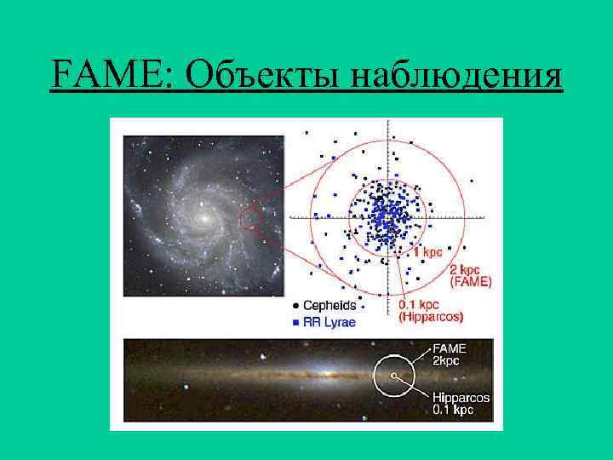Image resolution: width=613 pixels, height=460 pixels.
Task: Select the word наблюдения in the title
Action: click(460, 75)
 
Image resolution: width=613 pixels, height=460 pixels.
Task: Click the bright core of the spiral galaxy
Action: click(203, 219)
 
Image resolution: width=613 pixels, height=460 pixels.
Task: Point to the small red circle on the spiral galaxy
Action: click(249, 221)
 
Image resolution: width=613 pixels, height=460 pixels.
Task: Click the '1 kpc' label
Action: click(427, 251)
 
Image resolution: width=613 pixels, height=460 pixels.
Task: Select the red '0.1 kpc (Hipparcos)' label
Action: click(431, 310)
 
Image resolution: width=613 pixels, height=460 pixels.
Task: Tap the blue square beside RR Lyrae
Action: click(295, 322)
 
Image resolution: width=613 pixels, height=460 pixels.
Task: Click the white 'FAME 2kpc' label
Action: click(451, 354)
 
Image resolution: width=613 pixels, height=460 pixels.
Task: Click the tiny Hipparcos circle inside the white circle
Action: click(393, 374)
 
